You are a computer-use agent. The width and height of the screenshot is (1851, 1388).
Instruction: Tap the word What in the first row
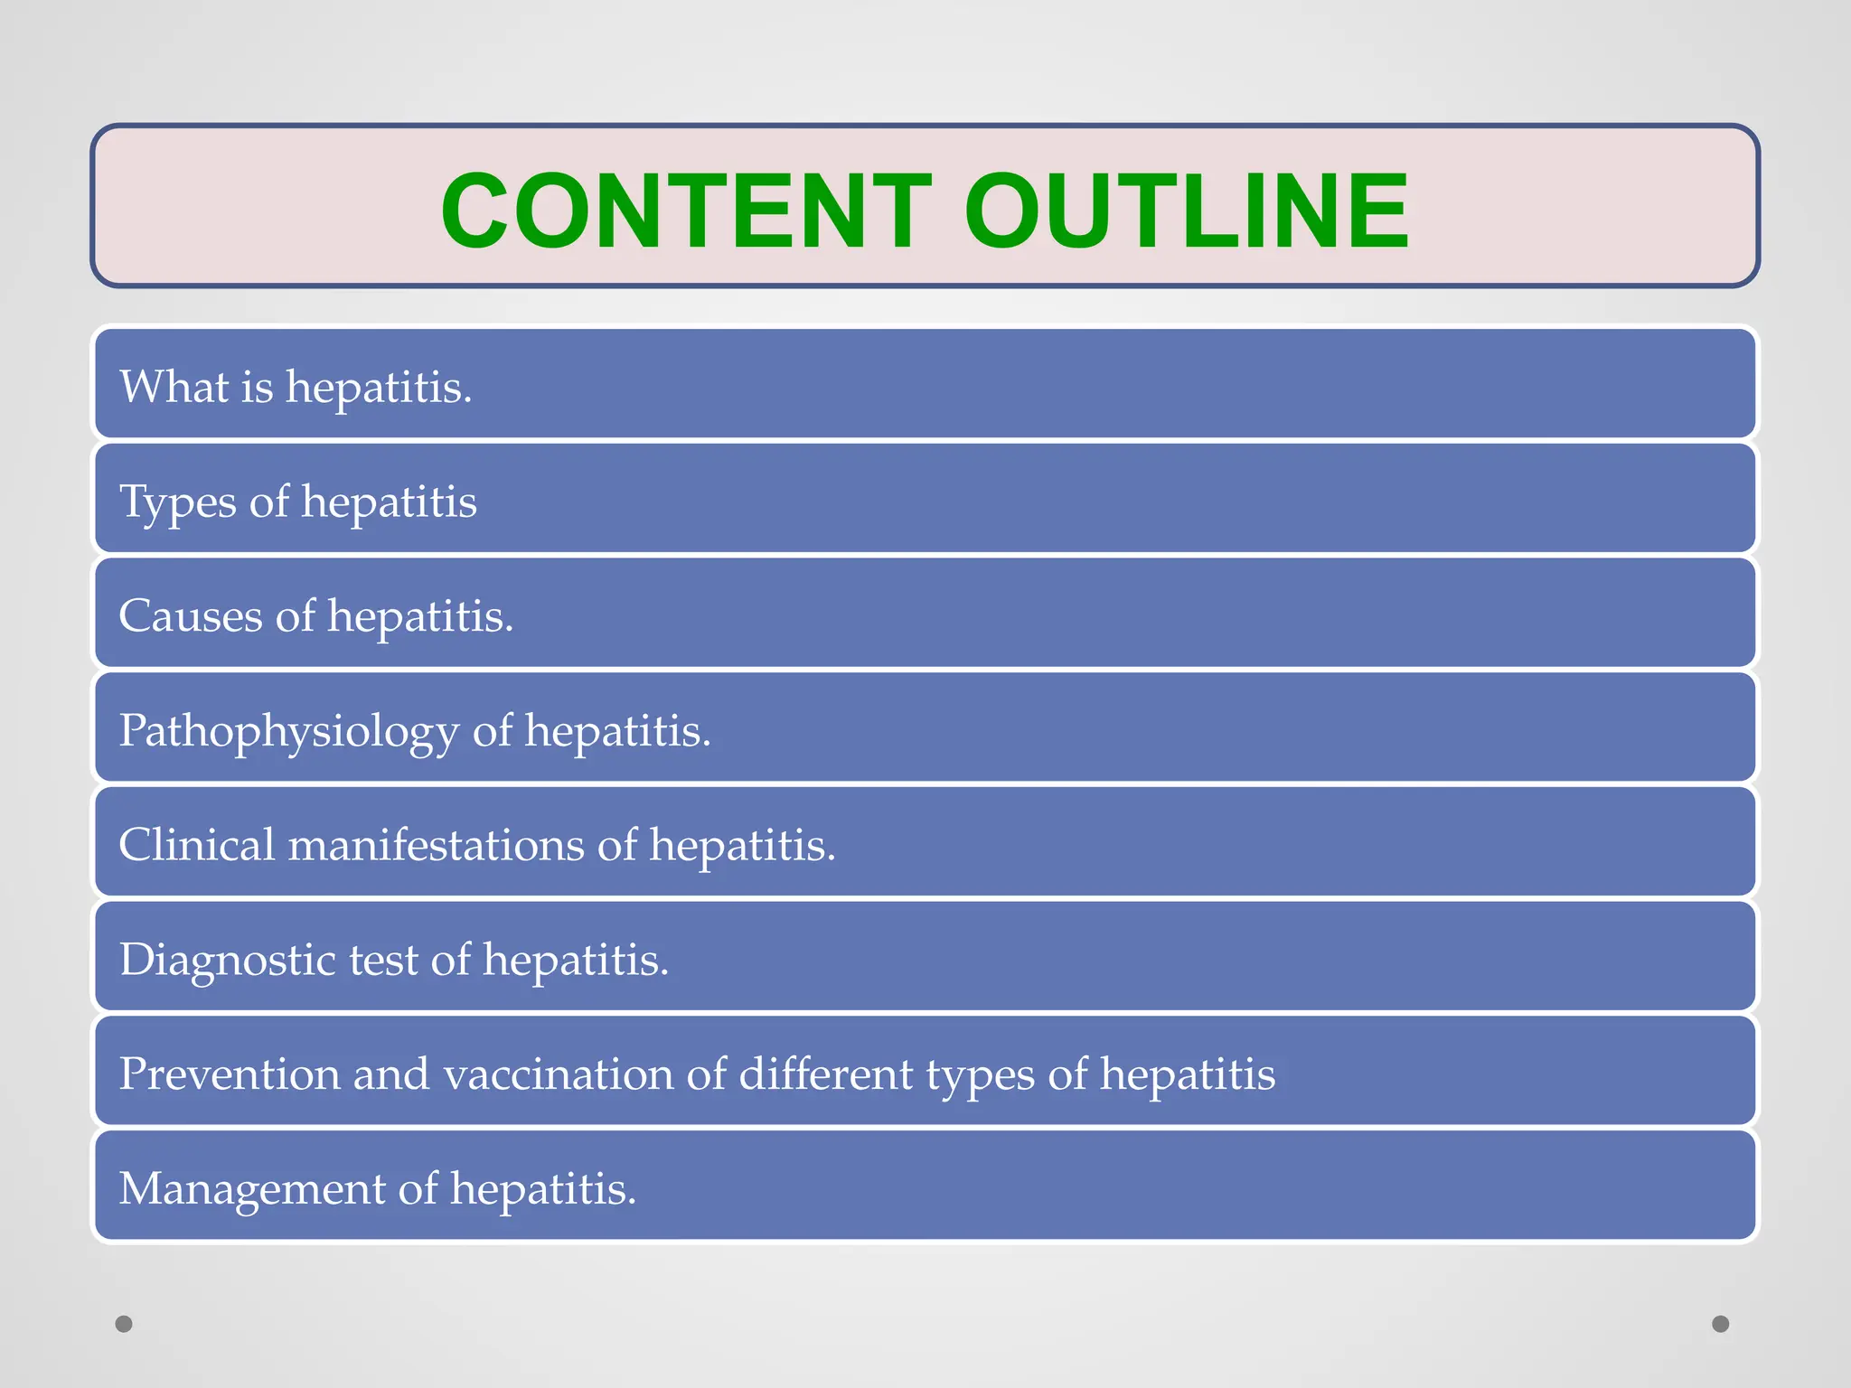[x=174, y=387]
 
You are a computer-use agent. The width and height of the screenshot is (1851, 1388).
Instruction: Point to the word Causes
[x=191, y=616]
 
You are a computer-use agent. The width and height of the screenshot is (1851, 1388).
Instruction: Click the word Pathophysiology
[x=288, y=732]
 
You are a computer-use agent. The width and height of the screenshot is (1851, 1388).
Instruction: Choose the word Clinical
[x=197, y=845]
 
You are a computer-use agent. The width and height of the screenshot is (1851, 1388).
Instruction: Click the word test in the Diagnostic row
[x=383, y=961]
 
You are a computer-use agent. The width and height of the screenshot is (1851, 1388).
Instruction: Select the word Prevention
[x=230, y=1074]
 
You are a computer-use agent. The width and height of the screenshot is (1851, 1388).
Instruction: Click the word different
[x=826, y=1074]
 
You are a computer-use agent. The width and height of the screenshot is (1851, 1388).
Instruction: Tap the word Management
[x=252, y=1189]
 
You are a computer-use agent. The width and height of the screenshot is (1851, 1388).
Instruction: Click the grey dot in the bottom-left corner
[x=124, y=1324]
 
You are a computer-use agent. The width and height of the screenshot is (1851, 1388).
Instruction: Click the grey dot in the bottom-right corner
[x=1721, y=1324]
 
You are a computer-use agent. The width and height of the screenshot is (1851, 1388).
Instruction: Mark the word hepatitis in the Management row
[x=543, y=1189]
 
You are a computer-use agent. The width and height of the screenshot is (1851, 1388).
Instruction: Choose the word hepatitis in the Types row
[x=389, y=502]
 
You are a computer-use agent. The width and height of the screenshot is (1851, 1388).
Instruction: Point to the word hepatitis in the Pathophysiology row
[x=617, y=732]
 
